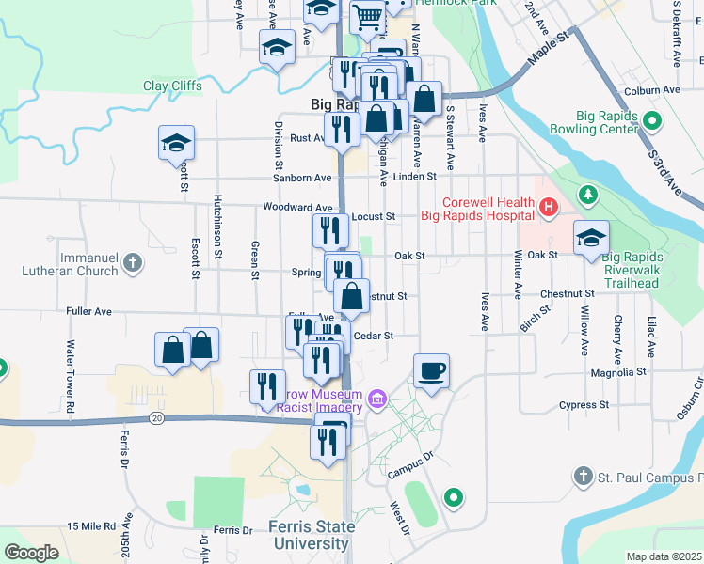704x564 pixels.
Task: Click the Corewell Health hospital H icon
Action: (547, 206)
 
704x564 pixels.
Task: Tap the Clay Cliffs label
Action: (172, 86)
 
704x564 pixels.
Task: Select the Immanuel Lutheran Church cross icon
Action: (134, 262)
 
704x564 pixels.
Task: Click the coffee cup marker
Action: (431, 369)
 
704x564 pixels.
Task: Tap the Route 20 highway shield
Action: (156, 417)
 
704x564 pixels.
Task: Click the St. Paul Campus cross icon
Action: (584, 478)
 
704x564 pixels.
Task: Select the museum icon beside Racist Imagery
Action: (376, 400)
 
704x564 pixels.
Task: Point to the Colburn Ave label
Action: (657, 90)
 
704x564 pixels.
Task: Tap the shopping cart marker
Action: (368, 16)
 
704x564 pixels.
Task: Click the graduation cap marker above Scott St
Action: (176, 143)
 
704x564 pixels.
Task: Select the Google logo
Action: (32, 553)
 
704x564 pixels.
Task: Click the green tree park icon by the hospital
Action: (589, 195)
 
